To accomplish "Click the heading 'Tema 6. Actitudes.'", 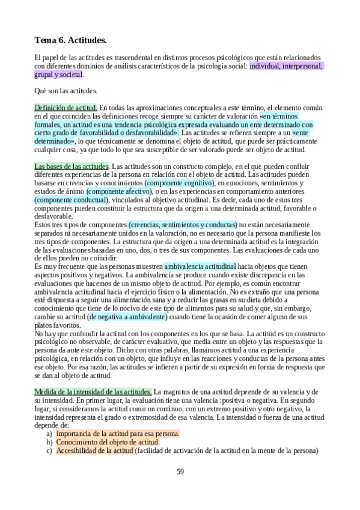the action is (x=70, y=41).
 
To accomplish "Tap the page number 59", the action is (x=180, y=470).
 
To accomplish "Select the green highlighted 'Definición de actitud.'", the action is (x=66, y=106).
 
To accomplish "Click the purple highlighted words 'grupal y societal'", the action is (x=58, y=75).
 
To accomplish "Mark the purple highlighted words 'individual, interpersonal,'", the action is (x=285, y=66).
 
